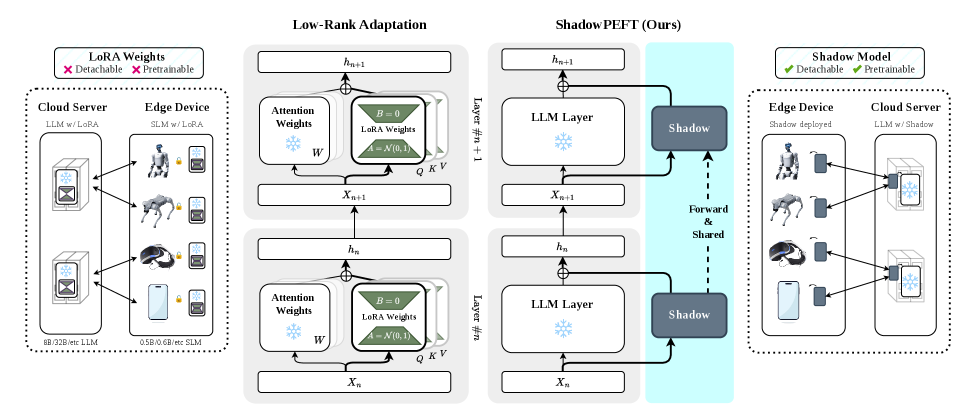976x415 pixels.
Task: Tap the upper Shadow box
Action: (x=689, y=128)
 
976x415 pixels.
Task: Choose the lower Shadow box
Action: (x=689, y=314)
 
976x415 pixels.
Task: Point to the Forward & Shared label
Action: (x=708, y=223)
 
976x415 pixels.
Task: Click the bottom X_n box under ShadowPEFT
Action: (x=563, y=381)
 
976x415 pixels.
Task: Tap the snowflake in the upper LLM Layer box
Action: (x=562, y=142)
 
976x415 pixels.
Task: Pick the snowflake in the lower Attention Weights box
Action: (x=293, y=331)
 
